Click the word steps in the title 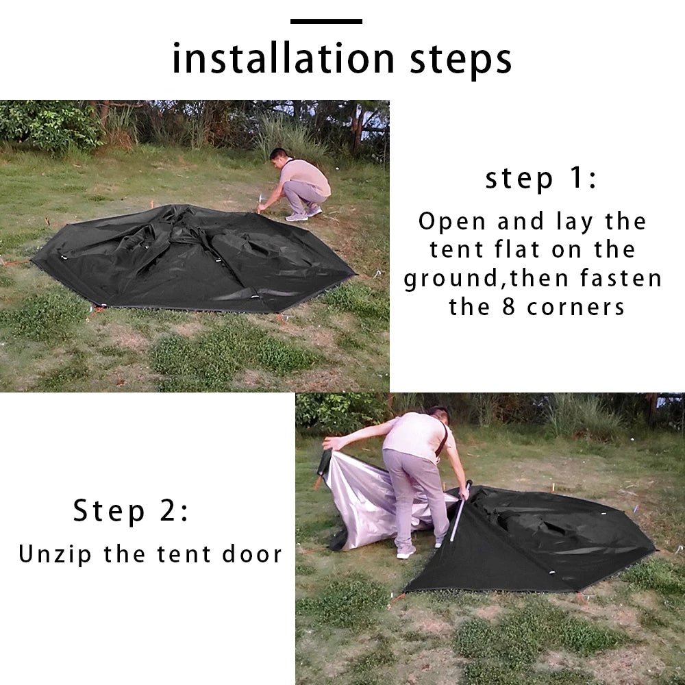coord(461,60)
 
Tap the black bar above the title coord(326,21)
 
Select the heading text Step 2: coord(131,512)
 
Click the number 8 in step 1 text coord(510,307)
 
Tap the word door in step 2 coord(252,554)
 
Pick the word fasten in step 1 coord(621,279)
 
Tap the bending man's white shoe coord(406,552)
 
